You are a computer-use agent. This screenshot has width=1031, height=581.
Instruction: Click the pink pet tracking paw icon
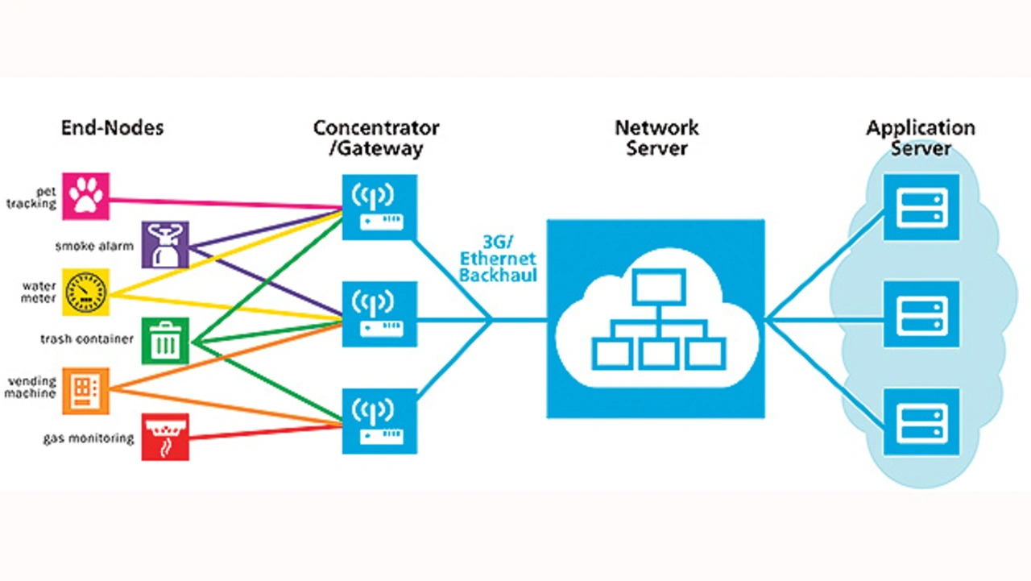pos(86,195)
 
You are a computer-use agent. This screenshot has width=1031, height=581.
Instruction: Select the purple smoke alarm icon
pos(165,243)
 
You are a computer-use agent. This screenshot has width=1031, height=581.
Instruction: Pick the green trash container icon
pos(165,341)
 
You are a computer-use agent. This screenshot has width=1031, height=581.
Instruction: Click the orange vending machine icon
pos(86,390)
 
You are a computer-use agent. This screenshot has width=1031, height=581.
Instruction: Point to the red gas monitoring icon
pos(165,437)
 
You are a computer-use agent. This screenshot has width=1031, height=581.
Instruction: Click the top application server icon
pos(921,206)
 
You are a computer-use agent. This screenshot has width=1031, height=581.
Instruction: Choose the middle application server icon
pos(921,314)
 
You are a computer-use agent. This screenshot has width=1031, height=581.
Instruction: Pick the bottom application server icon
pos(921,421)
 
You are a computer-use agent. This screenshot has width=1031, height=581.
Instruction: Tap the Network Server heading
pos(656,138)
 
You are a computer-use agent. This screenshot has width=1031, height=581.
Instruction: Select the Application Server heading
pos(921,138)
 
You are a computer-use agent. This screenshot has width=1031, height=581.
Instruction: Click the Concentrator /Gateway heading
pos(376,138)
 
